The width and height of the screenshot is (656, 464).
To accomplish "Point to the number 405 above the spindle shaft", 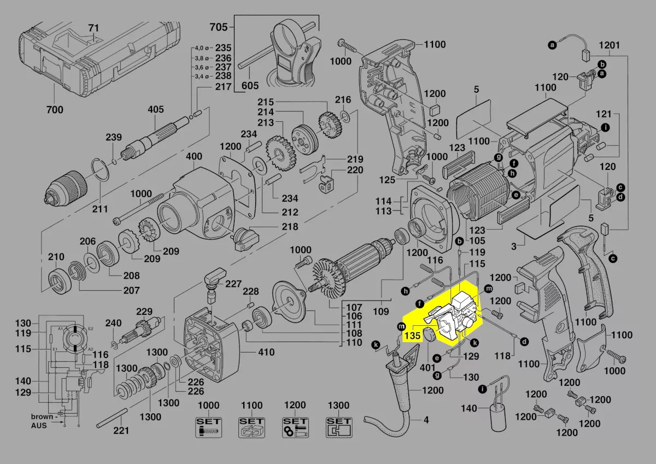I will pos(155,110).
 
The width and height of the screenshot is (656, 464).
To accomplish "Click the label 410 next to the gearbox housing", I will pos(266,353).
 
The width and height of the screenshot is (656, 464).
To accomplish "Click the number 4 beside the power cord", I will pos(426,421).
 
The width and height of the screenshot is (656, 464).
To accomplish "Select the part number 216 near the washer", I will pos(343,99).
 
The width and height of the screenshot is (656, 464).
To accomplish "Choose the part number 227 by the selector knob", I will pos(233,284).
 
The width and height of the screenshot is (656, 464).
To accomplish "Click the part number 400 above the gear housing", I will pos(194,157).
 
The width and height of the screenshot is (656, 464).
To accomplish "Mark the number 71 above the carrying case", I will pos(94,27).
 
